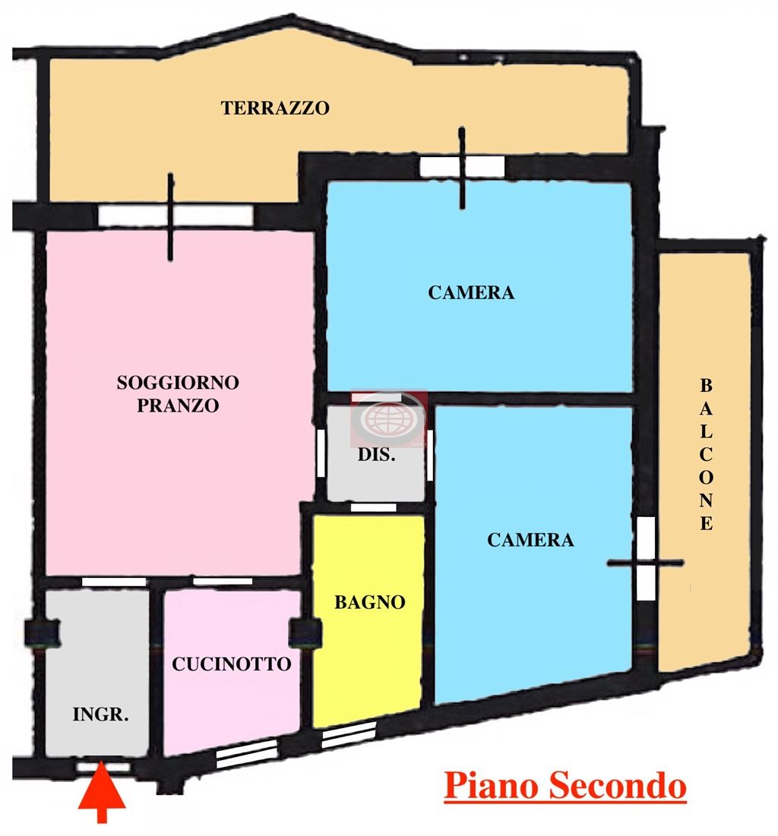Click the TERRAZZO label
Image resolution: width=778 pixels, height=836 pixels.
pyautogui.click(x=275, y=108)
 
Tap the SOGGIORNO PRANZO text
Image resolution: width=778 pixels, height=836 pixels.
pyautogui.click(x=178, y=393)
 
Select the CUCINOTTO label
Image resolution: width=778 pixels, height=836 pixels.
pyautogui.click(x=231, y=664)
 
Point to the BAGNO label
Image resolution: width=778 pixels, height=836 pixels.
pyautogui.click(x=369, y=602)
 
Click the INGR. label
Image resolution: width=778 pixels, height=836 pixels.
pyautogui.click(x=100, y=715)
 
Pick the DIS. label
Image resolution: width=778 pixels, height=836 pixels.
pyautogui.click(x=376, y=456)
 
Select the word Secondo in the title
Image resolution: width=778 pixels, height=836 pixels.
pyautogui.click(x=614, y=786)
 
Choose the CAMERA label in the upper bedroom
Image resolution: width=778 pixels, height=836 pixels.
pyautogui.click(x=471, y=292)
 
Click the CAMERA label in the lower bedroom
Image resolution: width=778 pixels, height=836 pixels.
pyautogui.click(x=530, y=540)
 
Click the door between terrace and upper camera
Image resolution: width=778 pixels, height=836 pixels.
pyautogui.click(x=462, y=166)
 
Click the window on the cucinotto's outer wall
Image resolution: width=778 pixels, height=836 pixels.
pyautogui.click(x=246, y=753)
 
